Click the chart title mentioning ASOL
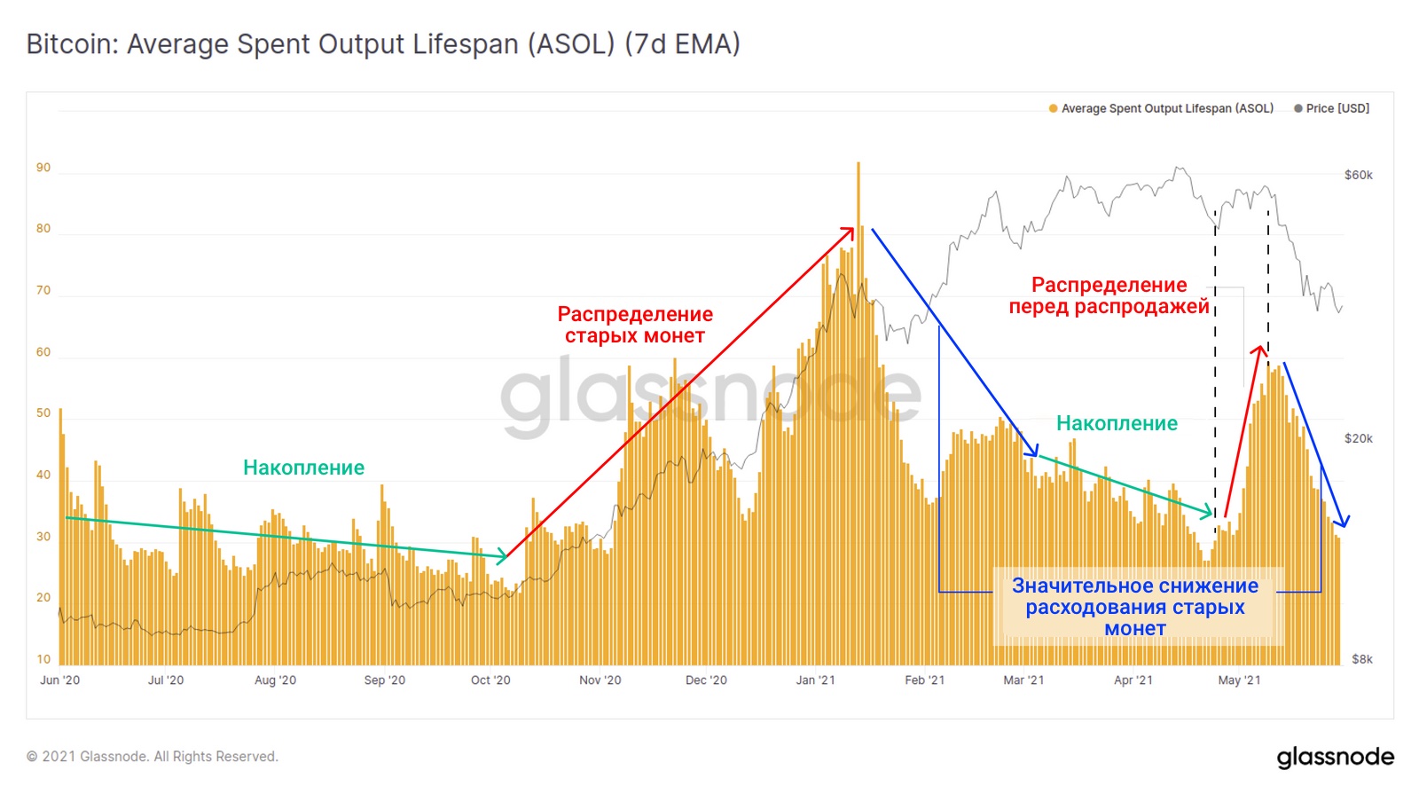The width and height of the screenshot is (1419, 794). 383,44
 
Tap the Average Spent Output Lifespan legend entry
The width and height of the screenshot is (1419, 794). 1161,108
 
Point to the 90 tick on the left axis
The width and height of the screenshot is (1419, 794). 43,168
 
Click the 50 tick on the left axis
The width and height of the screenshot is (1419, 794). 43,413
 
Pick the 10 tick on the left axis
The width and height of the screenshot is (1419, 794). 43,659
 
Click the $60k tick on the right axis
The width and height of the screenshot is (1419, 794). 1358,175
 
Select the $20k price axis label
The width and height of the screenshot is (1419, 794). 1358,438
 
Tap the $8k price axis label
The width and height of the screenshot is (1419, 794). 1361,659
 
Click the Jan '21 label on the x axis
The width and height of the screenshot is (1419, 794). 815,680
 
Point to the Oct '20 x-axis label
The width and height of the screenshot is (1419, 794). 490,680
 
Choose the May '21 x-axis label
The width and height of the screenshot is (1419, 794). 1239,680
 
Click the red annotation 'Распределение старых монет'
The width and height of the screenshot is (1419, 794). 635,325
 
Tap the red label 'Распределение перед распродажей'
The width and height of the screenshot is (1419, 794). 1109,296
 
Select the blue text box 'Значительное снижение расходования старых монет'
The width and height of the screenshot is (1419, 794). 1135,607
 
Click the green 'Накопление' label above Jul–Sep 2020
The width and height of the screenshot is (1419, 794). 303,468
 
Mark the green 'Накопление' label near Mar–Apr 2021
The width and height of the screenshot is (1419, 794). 1117,423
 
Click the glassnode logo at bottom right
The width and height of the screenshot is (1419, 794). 1335,757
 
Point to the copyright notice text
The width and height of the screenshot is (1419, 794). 152,757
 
